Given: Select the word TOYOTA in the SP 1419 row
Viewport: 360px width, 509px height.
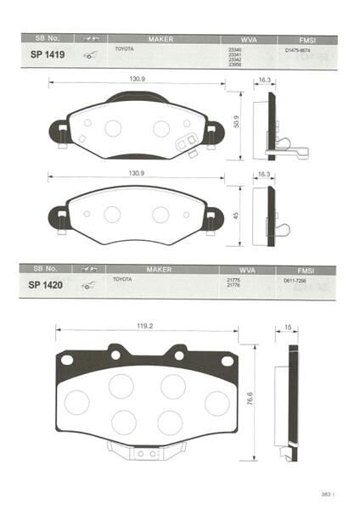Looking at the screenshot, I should [123, 49].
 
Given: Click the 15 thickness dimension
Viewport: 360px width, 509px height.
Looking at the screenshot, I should [289, 326].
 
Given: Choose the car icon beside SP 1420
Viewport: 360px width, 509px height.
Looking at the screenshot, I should [87, 284].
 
